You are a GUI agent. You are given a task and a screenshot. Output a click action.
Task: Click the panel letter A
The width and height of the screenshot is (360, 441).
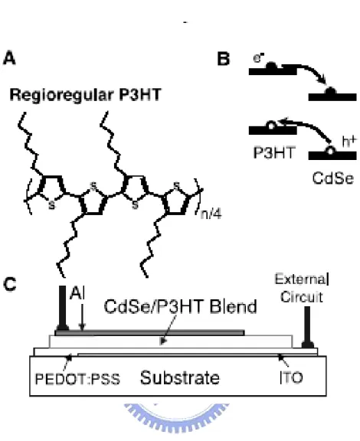click(x=9, y=58)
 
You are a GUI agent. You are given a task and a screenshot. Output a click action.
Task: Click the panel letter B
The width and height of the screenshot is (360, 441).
click(x=224, y=59)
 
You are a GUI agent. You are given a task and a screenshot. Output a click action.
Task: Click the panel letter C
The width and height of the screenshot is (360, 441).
click(x=10, y=284)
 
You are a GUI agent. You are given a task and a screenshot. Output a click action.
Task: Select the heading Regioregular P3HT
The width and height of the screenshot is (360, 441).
click(x=86, y=94)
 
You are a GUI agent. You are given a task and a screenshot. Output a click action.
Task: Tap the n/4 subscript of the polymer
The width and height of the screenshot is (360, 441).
click(x=211, y=214)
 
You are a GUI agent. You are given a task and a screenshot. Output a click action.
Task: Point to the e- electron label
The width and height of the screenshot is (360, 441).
click(x=258, y=58)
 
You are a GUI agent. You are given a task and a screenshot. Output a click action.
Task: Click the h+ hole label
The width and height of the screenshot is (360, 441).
click(x=349, y=141)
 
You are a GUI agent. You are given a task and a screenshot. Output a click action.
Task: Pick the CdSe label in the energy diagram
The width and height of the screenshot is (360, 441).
click(x=332, y=178)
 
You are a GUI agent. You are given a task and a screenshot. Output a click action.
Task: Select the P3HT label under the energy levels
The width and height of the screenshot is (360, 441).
click(x=274, y=153)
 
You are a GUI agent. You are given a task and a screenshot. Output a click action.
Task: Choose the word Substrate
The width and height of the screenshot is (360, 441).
click(x=180, y=377)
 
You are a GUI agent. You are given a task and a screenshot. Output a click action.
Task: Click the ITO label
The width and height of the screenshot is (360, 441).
click(x=291, y=377)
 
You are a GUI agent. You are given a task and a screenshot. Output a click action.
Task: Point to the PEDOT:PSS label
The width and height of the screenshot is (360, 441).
click(x=77, y=379)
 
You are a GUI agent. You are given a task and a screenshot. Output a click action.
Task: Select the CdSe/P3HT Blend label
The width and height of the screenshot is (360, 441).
click(x=181, y=306)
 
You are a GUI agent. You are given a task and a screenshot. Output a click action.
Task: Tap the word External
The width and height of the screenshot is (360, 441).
click(x=302, y=279)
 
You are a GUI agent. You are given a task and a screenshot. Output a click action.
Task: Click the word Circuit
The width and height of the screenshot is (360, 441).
click(x=302, y=297)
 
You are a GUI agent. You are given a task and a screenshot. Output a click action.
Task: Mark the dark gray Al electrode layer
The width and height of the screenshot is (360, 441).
click(x=149, y=333)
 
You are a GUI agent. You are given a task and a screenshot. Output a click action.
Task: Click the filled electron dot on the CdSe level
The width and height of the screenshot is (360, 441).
click(x=330, y=92)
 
